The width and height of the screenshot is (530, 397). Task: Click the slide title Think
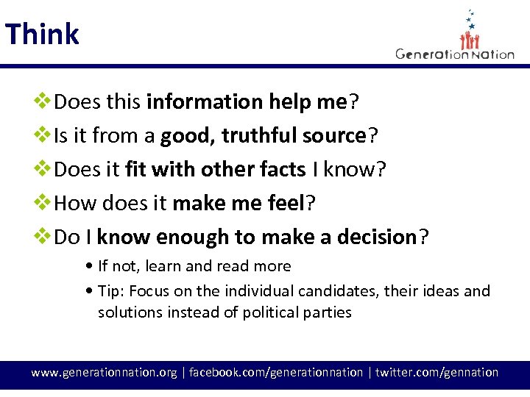[42, 35]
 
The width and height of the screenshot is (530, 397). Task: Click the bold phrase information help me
[246, 102]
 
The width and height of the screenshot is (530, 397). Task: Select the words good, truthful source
[264, 136]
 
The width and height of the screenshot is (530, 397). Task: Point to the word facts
[283, 170]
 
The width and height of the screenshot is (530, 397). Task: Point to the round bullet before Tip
[89, 291]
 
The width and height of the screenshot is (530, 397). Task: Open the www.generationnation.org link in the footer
[104, 373]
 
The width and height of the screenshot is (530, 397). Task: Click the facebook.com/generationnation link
[276, 373]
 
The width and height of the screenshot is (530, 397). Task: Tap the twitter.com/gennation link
[437, 373]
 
